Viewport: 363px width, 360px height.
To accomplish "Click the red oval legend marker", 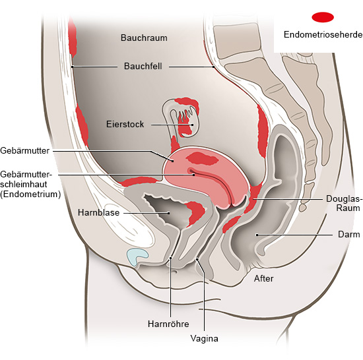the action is click(323, 17).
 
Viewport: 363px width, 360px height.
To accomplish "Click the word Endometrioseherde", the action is click(323, 34).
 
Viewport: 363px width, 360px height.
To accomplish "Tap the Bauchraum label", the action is click(144, 38).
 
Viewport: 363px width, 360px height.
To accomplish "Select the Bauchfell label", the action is click(143, 66).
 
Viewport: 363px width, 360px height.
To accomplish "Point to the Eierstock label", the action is click(125, 124).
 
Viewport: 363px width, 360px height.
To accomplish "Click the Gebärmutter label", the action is click(25, 151).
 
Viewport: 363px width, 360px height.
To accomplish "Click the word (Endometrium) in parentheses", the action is click(30, 194).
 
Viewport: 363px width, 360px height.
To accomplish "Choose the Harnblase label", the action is click(98, 212).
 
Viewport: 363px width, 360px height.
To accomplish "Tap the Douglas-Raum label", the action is click(344, 203).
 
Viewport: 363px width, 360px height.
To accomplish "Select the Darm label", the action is click(349, 234).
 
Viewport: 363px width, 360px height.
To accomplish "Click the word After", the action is click(264, 278).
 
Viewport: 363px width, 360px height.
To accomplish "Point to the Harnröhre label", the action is click(168, 324).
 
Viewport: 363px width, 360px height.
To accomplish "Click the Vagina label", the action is click(204, 339).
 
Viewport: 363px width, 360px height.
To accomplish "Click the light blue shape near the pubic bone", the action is click(137, 256).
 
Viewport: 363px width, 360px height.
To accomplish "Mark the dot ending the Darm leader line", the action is click(257, 235).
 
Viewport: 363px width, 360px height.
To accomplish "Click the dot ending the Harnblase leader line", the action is click(169, 213).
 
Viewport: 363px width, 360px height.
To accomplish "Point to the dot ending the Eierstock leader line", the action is click(192, 125).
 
